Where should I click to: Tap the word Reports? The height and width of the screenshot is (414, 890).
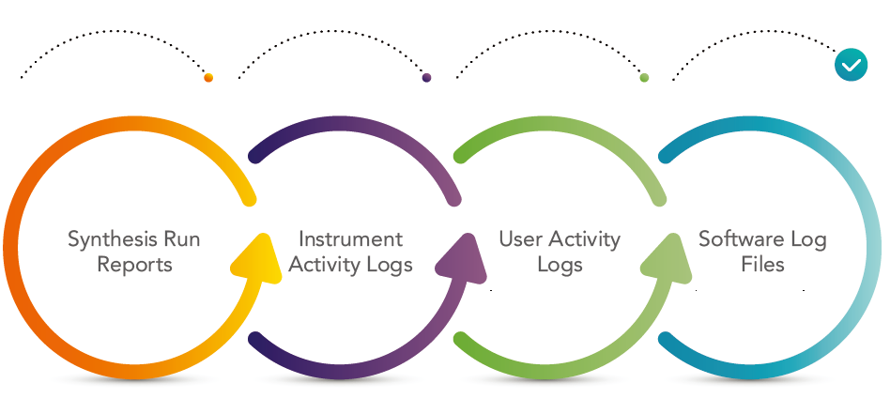click(134, 265)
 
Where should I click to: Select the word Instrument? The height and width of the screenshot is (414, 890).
click(350, 239)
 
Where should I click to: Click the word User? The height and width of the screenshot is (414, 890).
click(519, 239)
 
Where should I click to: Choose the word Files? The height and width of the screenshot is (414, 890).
click(762, 264)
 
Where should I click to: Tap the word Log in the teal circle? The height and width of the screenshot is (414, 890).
click(806, 240)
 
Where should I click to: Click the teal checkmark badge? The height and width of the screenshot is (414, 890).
click(851, 65)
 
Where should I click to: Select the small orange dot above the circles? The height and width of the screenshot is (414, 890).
click(208, 78)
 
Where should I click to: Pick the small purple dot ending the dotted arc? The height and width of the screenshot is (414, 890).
click(427, 78)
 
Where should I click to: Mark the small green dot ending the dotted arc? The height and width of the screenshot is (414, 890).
click(644, 78)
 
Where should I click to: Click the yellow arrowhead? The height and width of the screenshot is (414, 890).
click(256, 261)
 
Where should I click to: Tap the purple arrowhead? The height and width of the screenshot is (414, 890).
click(462, 261)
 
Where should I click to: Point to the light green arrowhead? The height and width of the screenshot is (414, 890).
click(667, 261)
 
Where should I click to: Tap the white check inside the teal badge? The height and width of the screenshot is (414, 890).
click(852, 66)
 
